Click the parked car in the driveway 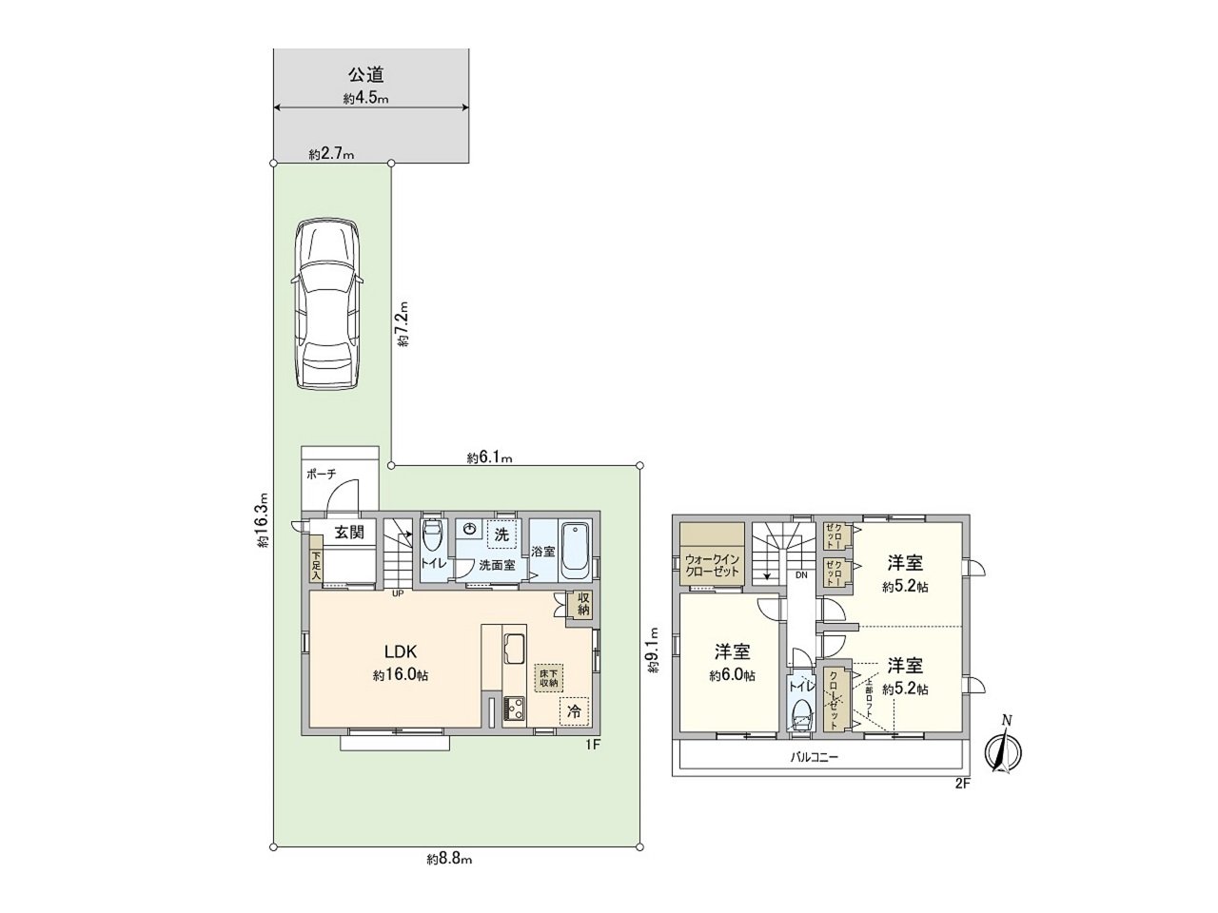326,304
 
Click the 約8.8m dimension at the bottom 450,859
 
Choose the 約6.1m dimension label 490,457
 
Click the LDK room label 401,651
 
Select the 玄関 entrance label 348,532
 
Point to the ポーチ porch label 321,474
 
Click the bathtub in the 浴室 576,551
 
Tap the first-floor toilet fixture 431,537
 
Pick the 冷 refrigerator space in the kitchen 574,710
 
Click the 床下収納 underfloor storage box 548,677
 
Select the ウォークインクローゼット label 712,565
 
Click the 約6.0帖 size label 732,676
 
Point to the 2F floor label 961,784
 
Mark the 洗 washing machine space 501,534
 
